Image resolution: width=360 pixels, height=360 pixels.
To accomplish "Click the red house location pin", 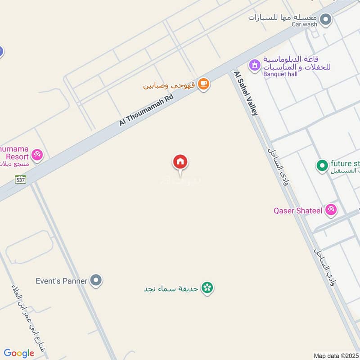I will (180, 162).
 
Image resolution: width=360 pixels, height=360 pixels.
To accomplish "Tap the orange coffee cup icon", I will (203, 83).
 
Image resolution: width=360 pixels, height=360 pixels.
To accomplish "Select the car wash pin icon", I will (326, 20).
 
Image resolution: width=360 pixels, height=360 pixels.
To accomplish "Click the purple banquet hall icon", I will (255, 65).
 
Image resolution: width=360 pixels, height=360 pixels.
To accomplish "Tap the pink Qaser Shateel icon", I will (331, 210).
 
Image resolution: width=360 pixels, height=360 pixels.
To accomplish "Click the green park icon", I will (207, 287).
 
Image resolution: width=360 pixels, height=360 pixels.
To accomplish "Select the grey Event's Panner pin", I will (95, 281).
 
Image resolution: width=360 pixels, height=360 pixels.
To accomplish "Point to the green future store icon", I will (322, 166).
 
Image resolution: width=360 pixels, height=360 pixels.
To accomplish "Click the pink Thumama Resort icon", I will (37, 156).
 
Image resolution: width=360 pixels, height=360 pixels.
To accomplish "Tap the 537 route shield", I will (20, 180).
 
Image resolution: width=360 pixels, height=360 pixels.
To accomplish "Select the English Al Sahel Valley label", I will (246, 93).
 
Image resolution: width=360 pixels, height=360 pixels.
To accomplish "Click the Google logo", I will (19, 353).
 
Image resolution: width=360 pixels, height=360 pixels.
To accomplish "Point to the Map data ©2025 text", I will (335, 355).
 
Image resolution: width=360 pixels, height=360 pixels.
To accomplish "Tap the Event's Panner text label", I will (62, 281).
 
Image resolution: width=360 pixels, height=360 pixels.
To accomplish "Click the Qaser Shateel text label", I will (297, 210).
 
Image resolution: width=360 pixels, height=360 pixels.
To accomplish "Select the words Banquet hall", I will (280, 74).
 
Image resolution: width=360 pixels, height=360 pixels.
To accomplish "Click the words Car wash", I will (304, 24).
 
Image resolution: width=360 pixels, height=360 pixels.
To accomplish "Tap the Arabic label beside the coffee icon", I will (169, 85).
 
